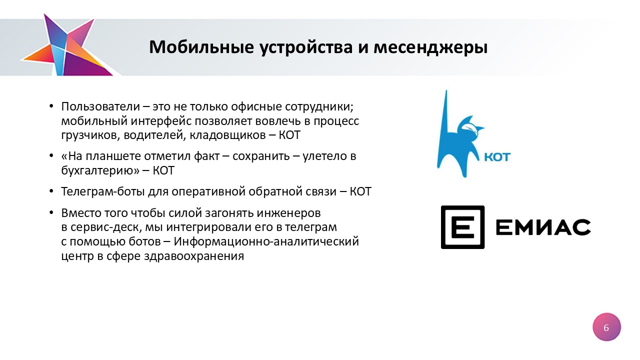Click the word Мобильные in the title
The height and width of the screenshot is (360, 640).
coord(201,47)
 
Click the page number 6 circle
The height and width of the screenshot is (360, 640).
coord(606,327)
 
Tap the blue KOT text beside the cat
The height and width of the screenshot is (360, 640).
coord(497,157)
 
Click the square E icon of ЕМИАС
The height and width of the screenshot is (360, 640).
coord(462,227)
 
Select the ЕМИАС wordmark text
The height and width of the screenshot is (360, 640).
coord(543,227)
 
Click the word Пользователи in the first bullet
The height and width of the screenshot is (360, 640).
coord(100,106)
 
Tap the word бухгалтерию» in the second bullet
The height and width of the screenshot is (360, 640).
coord(100,171)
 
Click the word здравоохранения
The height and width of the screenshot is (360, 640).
coord(194,256)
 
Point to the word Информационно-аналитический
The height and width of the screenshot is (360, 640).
coord(266,241)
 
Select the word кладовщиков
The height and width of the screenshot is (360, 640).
coord(227,135)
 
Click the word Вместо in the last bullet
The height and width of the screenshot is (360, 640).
coord(81,213)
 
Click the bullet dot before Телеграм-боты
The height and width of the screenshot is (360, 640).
coord(51,191)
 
